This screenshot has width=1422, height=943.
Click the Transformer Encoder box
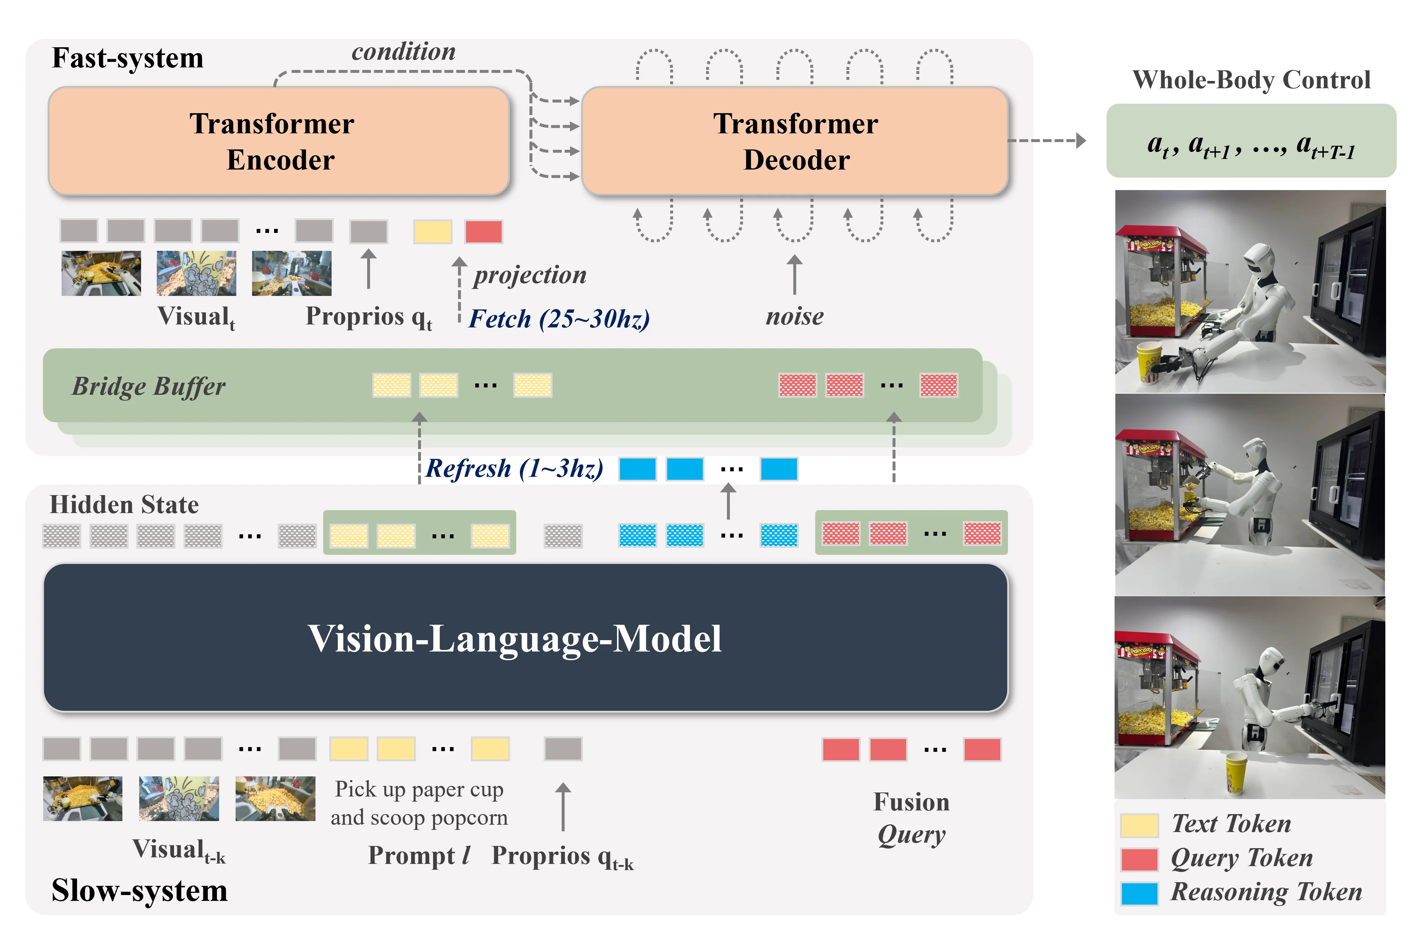[278, 141]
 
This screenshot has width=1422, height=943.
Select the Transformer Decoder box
[795, 141]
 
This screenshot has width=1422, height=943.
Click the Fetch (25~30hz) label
[559, 319]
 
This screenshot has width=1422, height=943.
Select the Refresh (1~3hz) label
[514, 468]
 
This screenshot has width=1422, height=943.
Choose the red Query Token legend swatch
[1139, 859]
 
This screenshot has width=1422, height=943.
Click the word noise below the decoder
[794, 316]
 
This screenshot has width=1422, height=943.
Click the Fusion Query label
[911, 818]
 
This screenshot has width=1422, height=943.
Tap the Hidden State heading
[124, 505]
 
